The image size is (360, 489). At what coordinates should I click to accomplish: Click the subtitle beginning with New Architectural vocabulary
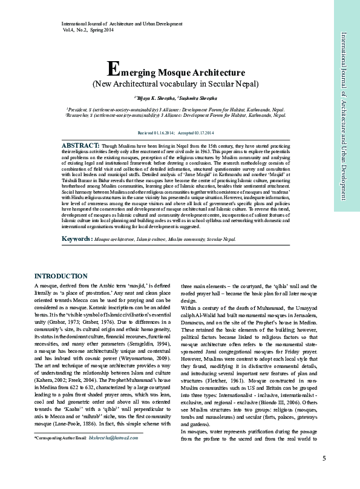pyautogui.click(x=175, y=84)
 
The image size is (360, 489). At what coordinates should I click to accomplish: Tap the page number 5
pyautogui.click(x=324, y=474)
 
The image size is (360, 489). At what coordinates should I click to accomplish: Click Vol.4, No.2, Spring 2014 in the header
pyautogui.click(x=87, y=29)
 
